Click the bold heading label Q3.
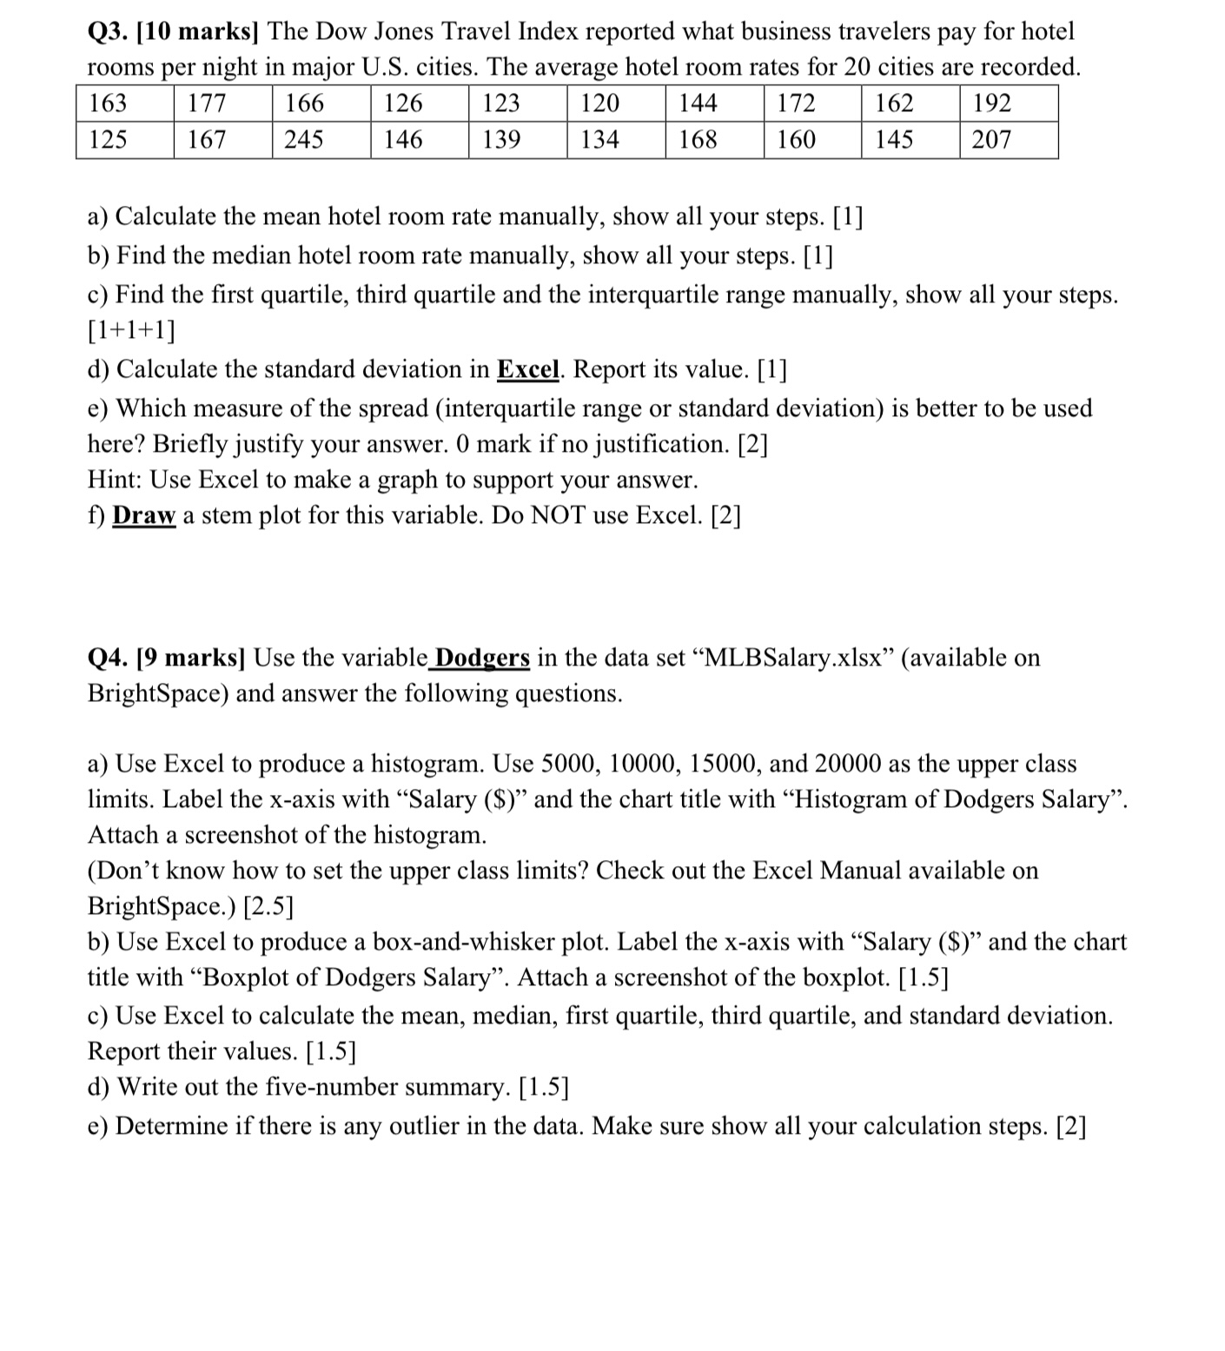109,32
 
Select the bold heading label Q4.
109,658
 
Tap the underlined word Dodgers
481,658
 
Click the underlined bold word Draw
144,515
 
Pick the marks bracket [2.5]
268,906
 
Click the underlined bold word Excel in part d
528,369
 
